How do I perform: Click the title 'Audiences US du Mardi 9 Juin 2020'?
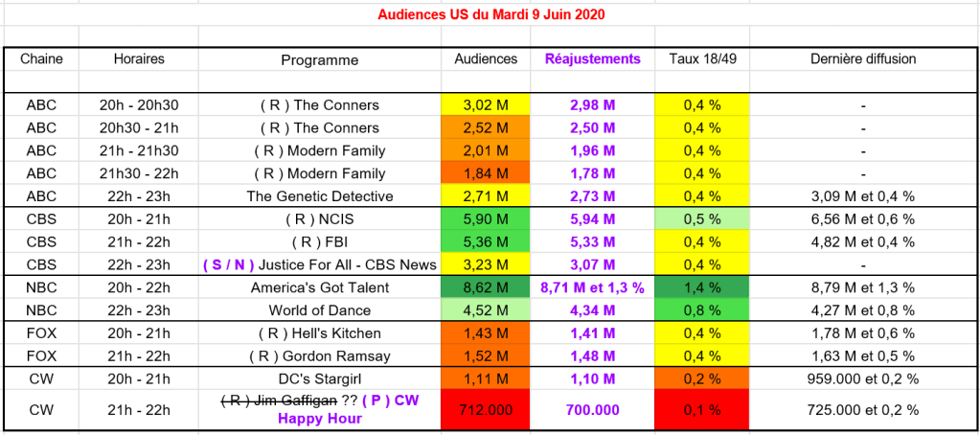[490, 14]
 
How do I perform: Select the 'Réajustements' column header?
[592, 58]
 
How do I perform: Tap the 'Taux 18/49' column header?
[702, 58]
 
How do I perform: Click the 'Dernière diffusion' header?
[863, 58]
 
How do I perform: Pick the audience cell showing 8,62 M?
[485, 287]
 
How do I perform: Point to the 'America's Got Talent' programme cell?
[320, 287]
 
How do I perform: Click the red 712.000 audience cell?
[485, 409]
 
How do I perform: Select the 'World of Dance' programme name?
[320, 310]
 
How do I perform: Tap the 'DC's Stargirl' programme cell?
[320, 378]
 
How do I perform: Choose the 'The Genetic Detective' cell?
[320, 196]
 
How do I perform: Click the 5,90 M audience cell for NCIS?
[485, 219]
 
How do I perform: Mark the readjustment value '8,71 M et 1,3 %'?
[592, 287]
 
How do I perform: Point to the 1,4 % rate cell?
[702, 287]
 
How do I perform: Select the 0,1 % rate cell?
[702, 409]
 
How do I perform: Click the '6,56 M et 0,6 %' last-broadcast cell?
[863, 219]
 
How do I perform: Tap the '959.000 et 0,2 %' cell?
[863, 378]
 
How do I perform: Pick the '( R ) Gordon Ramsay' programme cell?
[320, 355]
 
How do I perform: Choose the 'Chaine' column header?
[41, 58]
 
